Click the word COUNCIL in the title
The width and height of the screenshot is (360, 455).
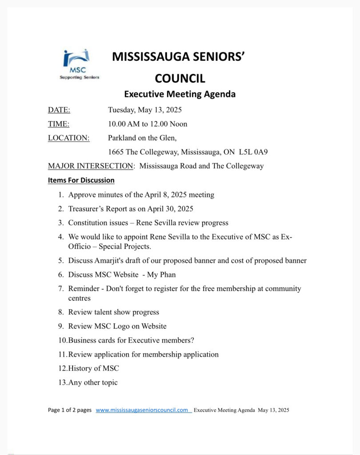(180, 79)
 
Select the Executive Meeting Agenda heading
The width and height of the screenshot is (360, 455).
(180, 94)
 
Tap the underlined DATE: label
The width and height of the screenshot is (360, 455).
(59, 110)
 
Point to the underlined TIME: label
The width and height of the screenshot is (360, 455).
(59, 124)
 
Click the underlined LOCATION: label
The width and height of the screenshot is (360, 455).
(69, 138)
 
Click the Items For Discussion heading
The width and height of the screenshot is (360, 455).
(81, 180)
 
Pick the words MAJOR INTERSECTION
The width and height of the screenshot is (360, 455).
(91, 166)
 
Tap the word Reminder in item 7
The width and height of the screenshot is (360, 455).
(84, 289)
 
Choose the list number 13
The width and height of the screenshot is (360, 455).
(63, 382)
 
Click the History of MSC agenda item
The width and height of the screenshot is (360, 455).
(94, 368)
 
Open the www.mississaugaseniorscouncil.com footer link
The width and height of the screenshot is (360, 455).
(142, 410)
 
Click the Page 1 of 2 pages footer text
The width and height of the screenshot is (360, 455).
(70, 410)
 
